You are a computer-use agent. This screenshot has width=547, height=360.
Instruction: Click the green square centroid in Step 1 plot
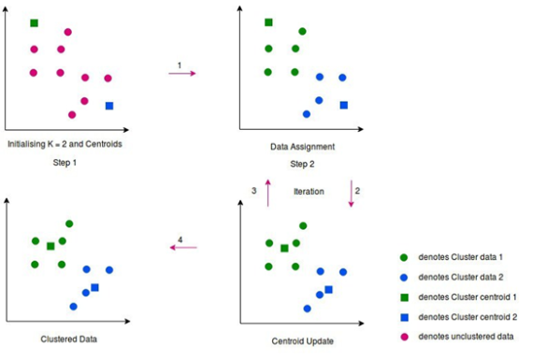click(35, 22)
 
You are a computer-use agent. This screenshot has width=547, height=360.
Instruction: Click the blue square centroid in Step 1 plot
click(109, 106)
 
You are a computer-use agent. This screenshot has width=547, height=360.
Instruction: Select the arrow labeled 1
click(182, 73)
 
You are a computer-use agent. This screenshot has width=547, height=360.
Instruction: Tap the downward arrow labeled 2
click(352, 194)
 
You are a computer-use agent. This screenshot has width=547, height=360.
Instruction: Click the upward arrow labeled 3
click(267, 194)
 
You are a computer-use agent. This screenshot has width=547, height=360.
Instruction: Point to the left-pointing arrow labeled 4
click(183, 248)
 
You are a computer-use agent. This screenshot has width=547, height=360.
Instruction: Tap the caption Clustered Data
click(68, 338)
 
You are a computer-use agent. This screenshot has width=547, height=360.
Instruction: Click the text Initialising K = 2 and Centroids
click(65, 145)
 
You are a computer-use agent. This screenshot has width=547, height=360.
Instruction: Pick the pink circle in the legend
click(403, 336)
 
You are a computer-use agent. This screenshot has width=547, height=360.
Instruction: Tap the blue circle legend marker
click(403, 276)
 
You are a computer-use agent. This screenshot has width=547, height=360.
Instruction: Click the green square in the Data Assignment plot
click(268, 22)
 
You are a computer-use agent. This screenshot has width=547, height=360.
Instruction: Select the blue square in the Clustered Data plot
click(94, 288)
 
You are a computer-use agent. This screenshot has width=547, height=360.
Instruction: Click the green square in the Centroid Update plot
click(283, 248)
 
